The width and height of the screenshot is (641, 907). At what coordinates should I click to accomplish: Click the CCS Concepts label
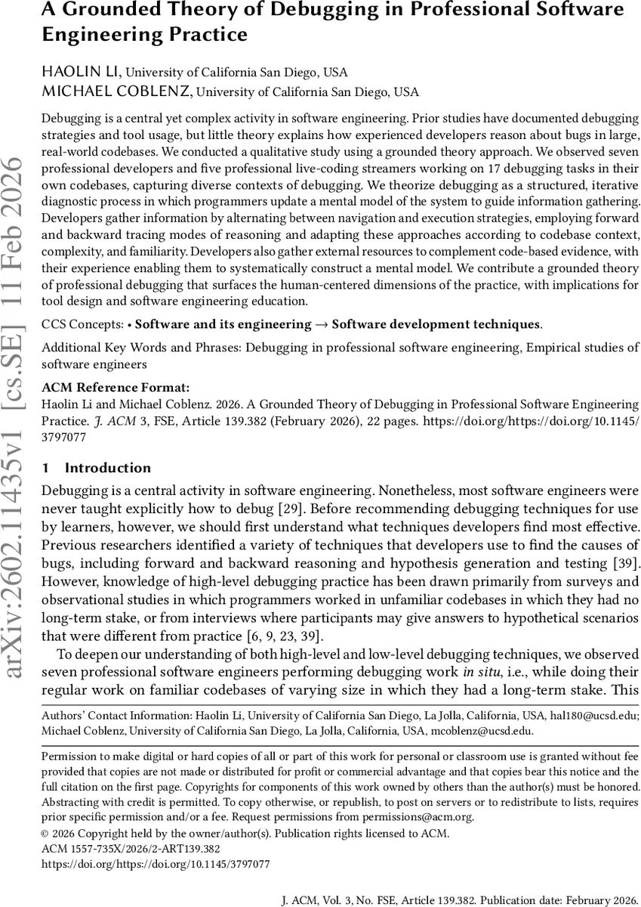[x=82, y=324]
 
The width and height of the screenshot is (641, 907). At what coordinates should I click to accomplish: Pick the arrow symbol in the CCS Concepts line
[x=321, y=324]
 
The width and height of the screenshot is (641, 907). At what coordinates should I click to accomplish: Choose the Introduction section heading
[x=107, y=468]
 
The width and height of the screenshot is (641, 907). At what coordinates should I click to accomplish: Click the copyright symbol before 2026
[x=45, y=834]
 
